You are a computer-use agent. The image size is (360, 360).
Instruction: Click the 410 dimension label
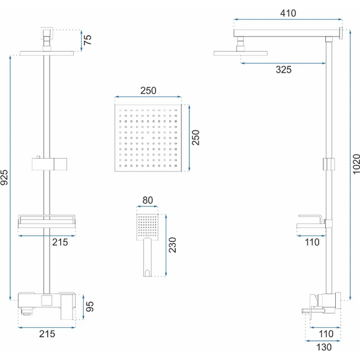click(288, 13)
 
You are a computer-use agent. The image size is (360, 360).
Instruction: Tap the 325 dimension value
click(284, 70)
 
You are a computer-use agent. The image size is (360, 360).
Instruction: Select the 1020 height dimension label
click(356, 164)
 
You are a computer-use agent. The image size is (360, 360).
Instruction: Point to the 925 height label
click(4, 178)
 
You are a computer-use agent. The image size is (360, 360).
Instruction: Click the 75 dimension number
click(88, 40)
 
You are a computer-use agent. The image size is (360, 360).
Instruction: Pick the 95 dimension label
click(89, 307)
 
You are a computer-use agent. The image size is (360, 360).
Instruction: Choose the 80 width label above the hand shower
click(148, 200)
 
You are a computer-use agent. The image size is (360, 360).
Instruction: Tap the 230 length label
click(172, 245)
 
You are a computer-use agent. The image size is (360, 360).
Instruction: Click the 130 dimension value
click(324, 348)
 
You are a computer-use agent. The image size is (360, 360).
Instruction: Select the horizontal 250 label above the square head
click(148, 91)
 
